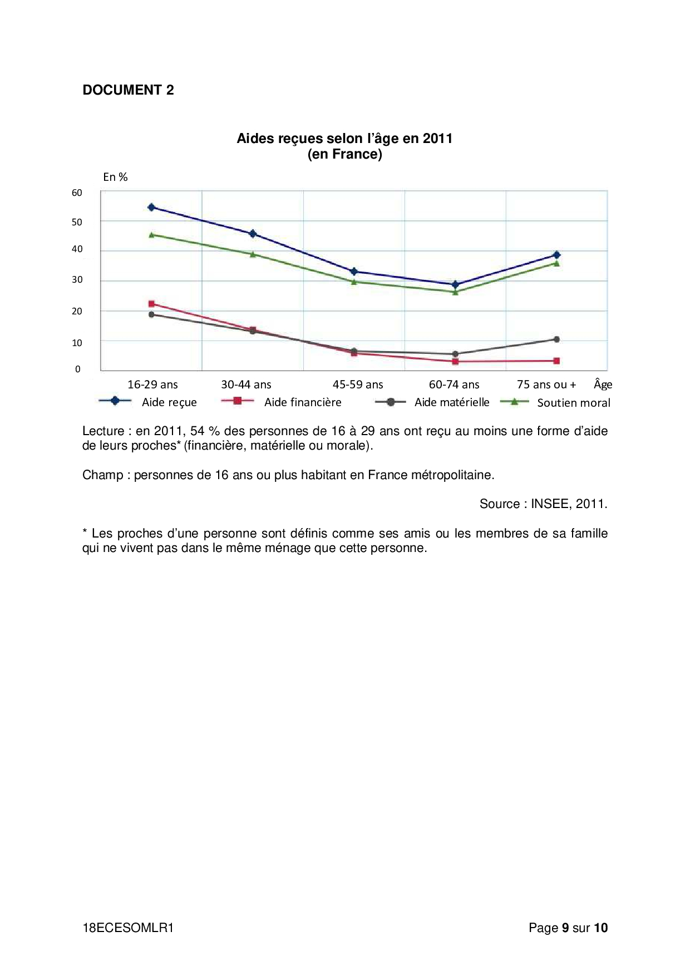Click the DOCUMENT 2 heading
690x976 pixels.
pyautogui.click(x=128, y=90)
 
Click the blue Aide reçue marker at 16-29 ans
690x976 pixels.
pyautogui.click(x=151, y=208)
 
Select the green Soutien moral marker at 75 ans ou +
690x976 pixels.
pyautogui.click(x=556, y=263)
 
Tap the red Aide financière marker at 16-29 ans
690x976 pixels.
pyautogui.click(x=151, y=304)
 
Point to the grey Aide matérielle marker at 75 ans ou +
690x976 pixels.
pyautogui.click(x=556, y=339)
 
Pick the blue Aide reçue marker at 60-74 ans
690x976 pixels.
pyautogui.click(x=455, y=284)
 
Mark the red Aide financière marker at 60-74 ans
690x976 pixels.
pyautogui.click(x=455, y=362)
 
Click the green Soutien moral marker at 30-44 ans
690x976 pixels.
pyautogui.click(x=253, y=254)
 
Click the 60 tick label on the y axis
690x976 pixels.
pyautogui.click(x=77, y=193)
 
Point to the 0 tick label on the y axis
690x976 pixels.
pyautogui.click(x=78, y=369)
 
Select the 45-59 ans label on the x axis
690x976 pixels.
pyautogui.click(x=358, y=385)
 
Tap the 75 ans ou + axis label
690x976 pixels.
pyautogui.click(x=546, y=385)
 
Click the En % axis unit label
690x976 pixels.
pyautogui.click(x=115, y=177)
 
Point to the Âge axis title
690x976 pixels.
pyautogui.click(x=603, y=384)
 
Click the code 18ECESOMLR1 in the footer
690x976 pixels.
pyautogui.click(x=128, y=928)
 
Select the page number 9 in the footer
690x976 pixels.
pyautogui.click(x=565, y=928)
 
